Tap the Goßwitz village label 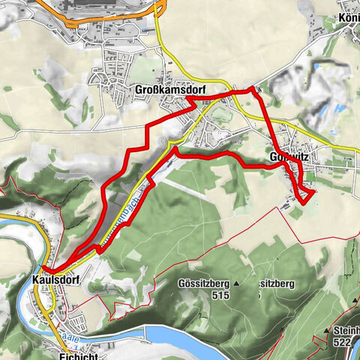[288, 157]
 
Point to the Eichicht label [72, 355]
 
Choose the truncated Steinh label [346, 330]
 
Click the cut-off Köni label [348, 16]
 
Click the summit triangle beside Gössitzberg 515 [235, 284]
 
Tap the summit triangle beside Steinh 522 [328, 330]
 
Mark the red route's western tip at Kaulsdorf [44, 268]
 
